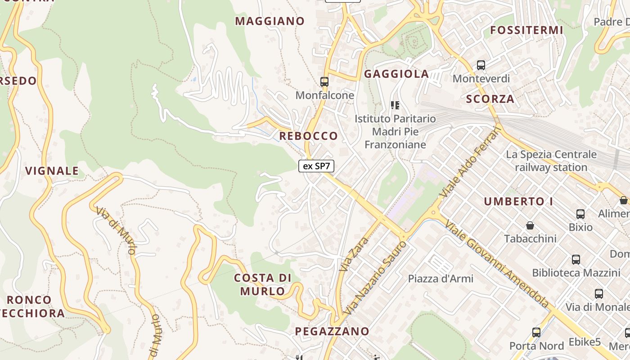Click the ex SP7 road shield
[316, 166]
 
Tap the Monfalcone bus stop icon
[324, 82]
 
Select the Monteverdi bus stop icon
[481, 65]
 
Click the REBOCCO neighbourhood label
[308, 136]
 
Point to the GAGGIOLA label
[396, 74]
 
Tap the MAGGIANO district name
[270, 21]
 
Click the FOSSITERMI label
[526, 30]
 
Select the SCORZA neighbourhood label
[490, 99]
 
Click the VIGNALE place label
[52, 171]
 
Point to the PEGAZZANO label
[332, 332]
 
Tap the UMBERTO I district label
[518, 202]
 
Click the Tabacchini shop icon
[530, 225]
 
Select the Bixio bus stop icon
[580, 214]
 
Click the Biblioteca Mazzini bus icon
[576, 260]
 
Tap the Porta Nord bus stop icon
[536, 333]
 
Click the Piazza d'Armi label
[441, 279]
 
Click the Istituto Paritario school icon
[395, 106]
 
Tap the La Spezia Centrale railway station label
[551, 161]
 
